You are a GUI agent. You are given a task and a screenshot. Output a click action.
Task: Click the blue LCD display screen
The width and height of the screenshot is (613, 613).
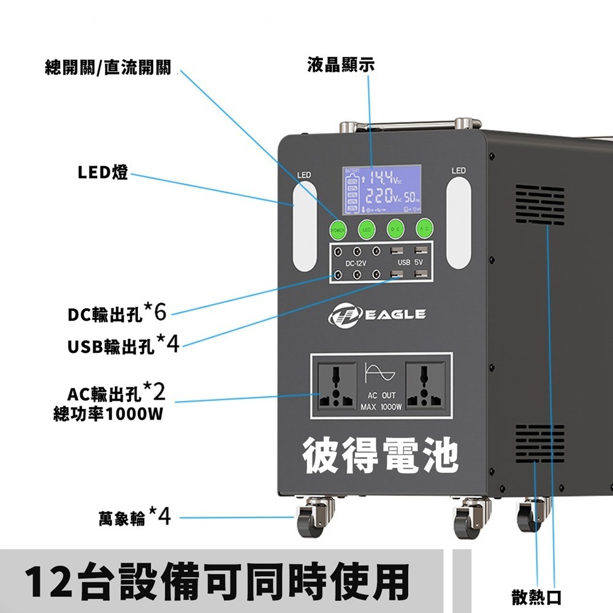click(x=381, y=189)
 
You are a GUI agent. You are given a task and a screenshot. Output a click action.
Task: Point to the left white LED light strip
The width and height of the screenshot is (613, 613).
click(x=305, y=227)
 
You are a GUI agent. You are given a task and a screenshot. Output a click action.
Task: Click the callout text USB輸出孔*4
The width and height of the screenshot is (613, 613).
click(x=123, y=345)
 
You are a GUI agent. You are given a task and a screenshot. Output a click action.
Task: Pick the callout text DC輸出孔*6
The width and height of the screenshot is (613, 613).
click(x=116, y=314)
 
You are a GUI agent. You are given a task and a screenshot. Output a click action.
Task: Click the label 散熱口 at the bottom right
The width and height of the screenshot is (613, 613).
click(x=536, y=596)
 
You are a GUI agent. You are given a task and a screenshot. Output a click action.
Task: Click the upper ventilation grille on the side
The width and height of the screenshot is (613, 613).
click(x=539, y=205)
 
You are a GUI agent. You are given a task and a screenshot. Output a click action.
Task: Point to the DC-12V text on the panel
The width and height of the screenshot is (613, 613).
click(x=356, y=263)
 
